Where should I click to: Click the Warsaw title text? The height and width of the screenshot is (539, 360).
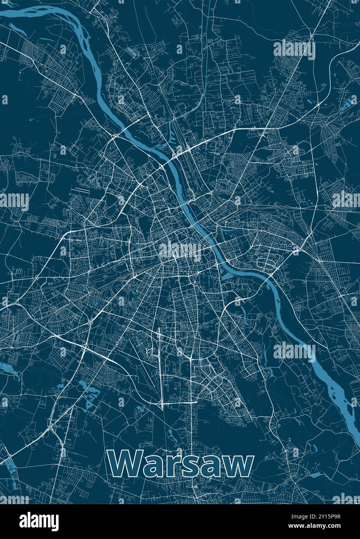pyautogui.click(x=181, y=464)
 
